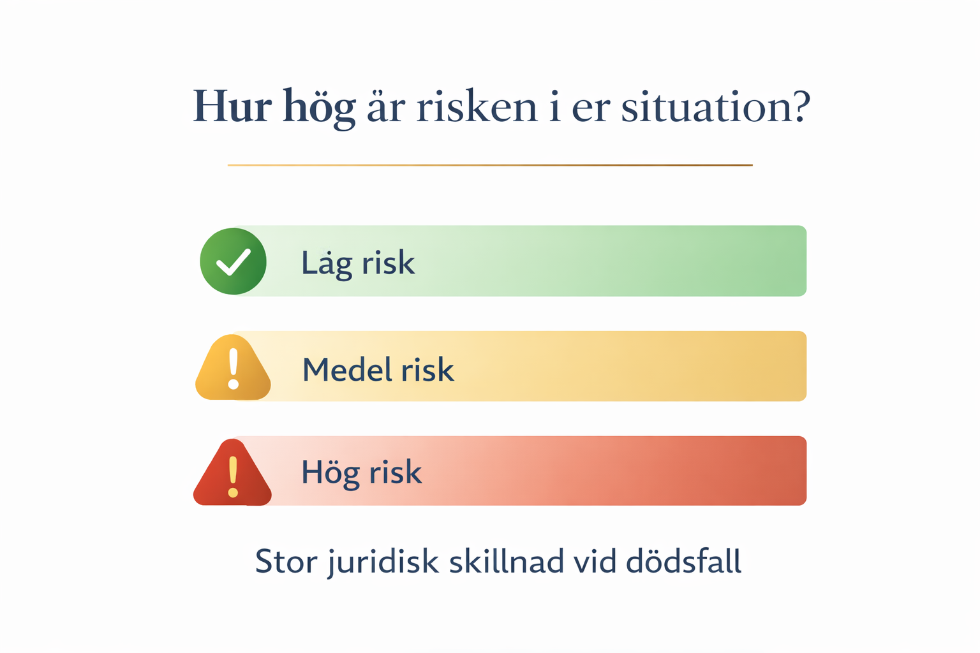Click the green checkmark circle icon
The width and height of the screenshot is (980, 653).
click(x=233, y=261)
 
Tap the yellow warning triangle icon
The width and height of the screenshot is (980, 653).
click(x=233, y=367)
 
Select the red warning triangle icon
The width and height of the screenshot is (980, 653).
click(x=232, y=473)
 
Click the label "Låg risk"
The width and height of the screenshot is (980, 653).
click(x=358, y=263)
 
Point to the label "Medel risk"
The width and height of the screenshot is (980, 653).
click(x=378, y=370)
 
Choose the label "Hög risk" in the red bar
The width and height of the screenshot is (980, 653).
click(x=362, y=473)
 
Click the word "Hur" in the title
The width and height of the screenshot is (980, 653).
click(x=232, y=106)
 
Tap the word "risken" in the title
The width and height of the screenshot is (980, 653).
click(x=477, y=106)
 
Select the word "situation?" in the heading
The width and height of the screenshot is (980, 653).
click(x=716, y=106)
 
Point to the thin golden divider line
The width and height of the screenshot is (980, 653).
click(x=490, y=165)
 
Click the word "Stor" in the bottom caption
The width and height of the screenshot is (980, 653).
click(x=286, y=561)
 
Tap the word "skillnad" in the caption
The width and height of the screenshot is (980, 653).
click(x=507, y=561)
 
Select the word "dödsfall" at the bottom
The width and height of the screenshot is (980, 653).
click(x=684, y=561)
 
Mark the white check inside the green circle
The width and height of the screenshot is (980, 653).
click(x=234, y=263)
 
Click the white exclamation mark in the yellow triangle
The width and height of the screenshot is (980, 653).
click(x=234, y=369)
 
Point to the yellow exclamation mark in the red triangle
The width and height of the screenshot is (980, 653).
click(x=233, y=477)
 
